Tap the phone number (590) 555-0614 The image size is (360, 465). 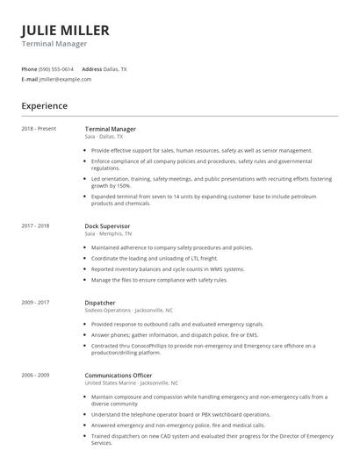pos(56,68)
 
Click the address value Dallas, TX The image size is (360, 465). pos(115,68)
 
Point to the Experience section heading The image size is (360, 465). pos(44,106)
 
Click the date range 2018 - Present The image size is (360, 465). pos(39,129)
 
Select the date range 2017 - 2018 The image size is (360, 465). pos(35,225)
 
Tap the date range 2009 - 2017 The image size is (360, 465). pos(35,303)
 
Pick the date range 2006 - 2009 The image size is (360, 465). pos(35,376)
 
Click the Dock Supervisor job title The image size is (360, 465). pos(107,225)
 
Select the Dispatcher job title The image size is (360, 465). pos(100,303)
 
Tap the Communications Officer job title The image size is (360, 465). pos(119,376)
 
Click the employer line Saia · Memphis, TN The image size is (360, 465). pos(109,234)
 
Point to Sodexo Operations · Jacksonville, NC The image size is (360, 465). pos(127,311)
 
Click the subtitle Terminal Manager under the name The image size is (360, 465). pos(54,44)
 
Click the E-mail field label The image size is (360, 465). pos(30,79)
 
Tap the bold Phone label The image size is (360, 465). pos(29,68)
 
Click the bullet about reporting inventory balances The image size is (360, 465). pos(167,269)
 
